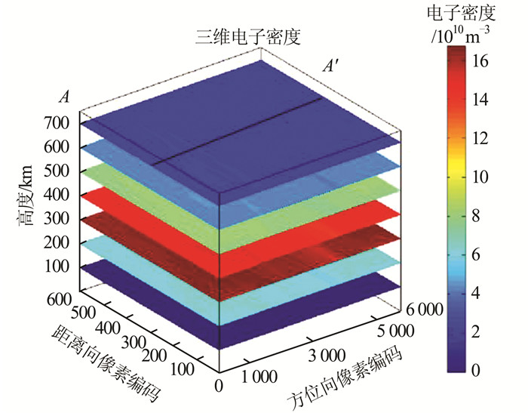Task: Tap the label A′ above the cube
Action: coord(330,67)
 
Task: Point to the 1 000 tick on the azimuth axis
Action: coord(257,375)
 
